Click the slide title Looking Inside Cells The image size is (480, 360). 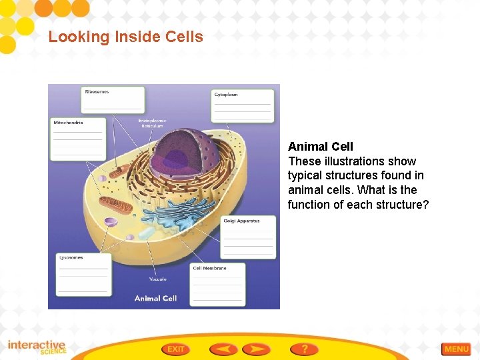click(125, 37)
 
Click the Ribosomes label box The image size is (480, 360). click(112, 99)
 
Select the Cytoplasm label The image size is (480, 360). click(242, 105)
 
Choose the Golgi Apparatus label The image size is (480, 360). click(247, 236)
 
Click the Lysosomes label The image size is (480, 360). click(83, 273)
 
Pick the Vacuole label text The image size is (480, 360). click(158, 279)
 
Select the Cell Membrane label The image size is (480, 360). click(217, 283)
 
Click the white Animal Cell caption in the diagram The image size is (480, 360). click(155, 298)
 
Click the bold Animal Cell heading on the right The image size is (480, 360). click(321, 146)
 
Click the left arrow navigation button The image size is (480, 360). click(223, 349)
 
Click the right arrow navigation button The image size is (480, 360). click(256, 349)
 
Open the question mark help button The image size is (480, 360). click(304, 349)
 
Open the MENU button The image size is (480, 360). click(456, 349)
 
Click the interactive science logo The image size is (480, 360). click(37, 347)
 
